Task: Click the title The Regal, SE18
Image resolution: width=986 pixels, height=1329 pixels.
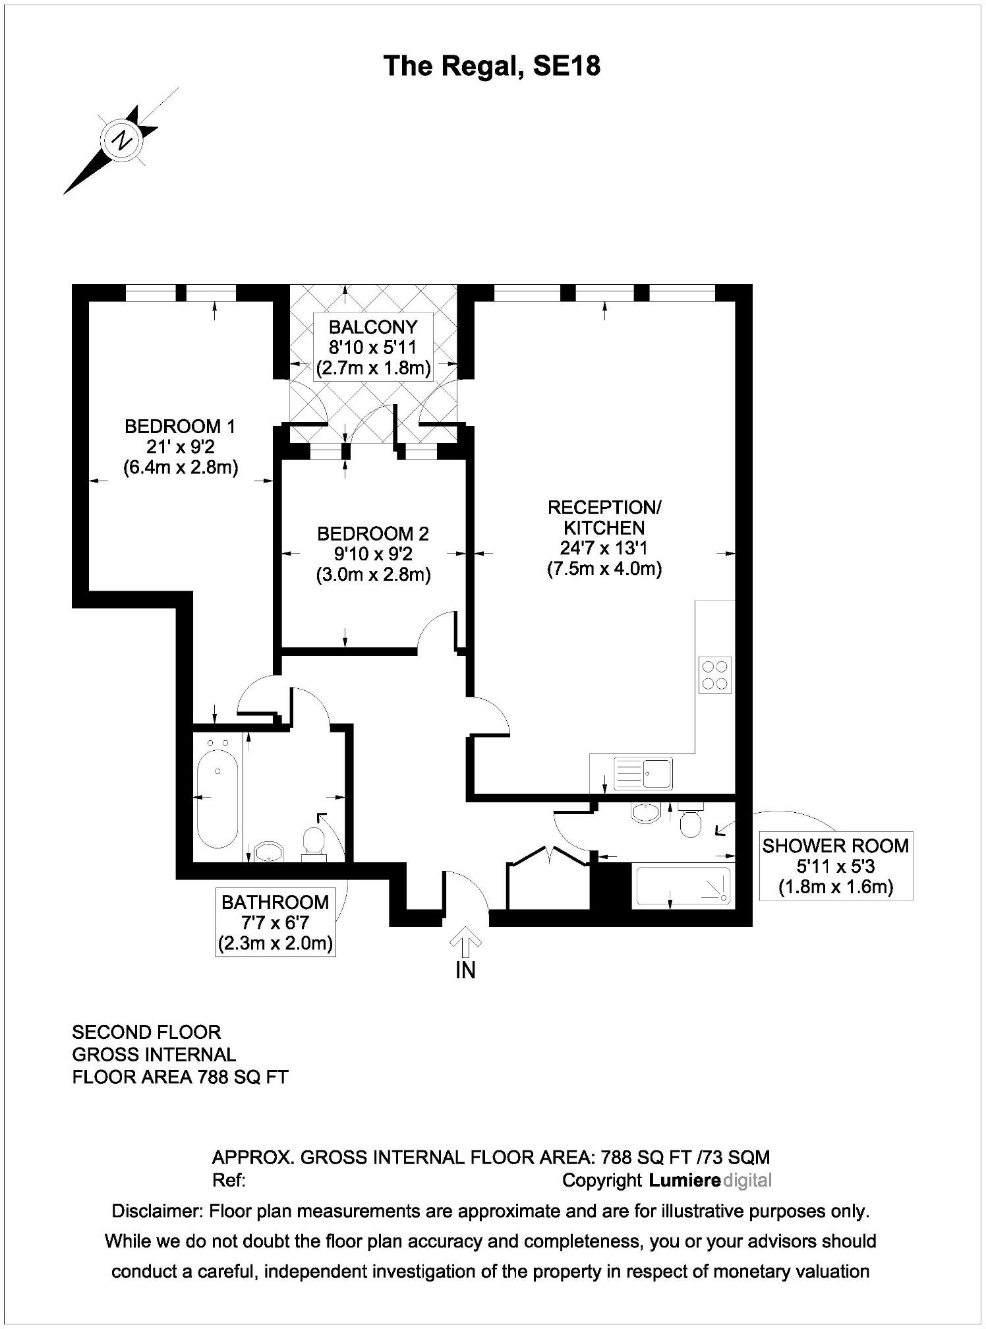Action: coord(492,67)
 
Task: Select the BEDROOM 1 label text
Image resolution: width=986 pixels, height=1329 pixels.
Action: coord(180,427)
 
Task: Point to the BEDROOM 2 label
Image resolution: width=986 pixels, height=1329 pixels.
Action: coord(372,533)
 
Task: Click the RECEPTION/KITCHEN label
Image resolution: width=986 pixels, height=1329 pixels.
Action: coord(604,517)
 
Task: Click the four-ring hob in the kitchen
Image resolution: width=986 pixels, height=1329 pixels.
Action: coord(715,675)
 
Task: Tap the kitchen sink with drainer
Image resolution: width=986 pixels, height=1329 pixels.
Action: coord(643,773)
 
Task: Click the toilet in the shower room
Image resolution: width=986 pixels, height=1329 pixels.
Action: coord(690,821)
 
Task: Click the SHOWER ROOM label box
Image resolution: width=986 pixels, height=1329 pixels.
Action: coord(835,866)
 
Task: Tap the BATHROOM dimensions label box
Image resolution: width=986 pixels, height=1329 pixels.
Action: coord(275,922)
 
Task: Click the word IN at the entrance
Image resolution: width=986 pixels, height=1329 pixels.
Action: coord(465,970)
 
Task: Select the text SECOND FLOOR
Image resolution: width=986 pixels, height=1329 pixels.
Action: coord(146,1032)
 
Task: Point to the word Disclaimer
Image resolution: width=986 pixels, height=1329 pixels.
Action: coord(157,1211)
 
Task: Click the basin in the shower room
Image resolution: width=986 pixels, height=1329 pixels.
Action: coord(645,813)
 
